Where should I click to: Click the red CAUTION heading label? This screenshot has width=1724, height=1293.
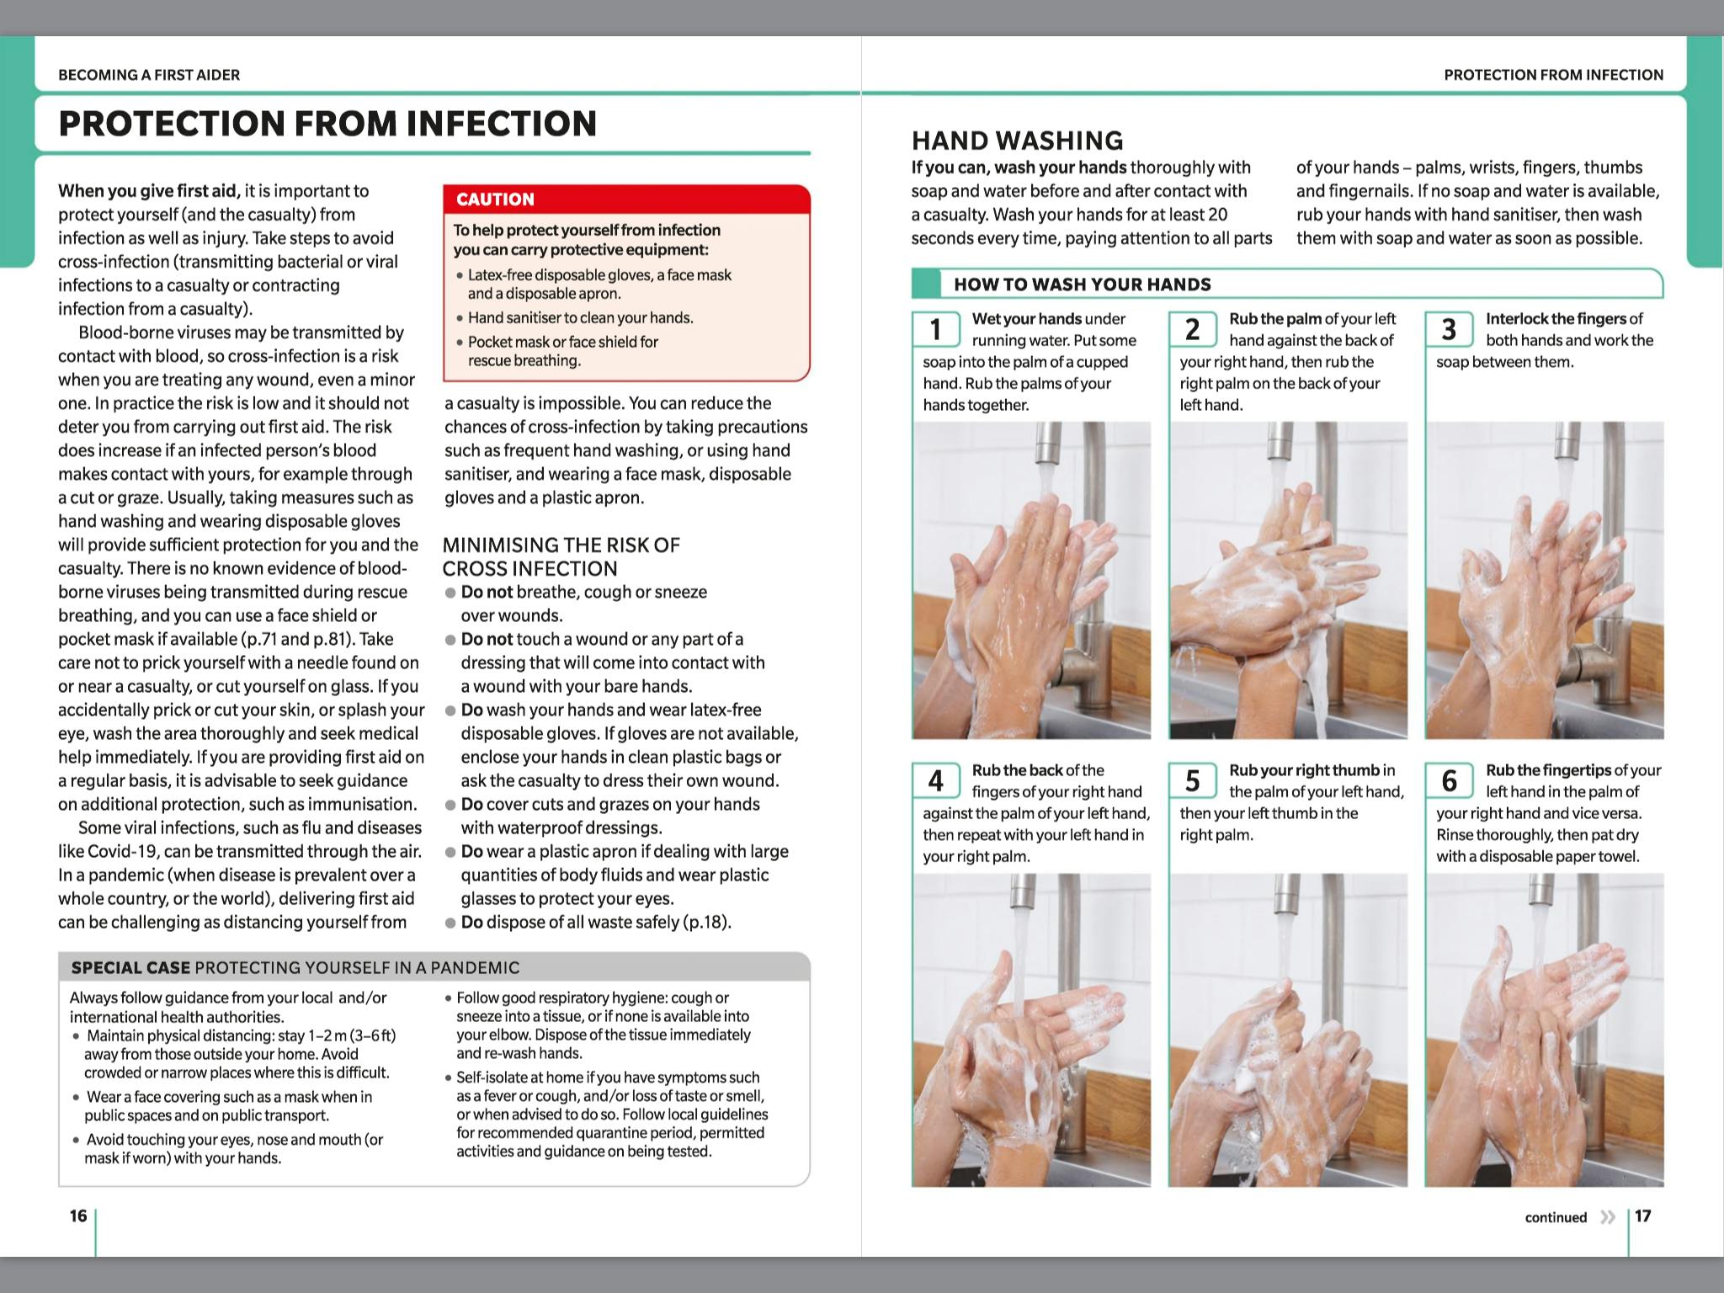[495, 200]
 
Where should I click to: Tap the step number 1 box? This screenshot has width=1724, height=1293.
[936, 329]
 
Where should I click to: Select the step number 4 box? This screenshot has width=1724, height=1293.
[936, 780]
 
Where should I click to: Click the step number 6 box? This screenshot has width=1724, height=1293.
[1449, 780]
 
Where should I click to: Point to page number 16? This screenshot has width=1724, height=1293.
[78, 1216]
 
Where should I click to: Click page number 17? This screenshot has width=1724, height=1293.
[1642, 1216]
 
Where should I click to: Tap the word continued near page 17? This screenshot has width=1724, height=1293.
[1556, 1217]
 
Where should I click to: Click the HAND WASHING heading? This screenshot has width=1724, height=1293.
[1017, 141]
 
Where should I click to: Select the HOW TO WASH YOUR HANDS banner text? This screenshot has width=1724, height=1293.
[1082, 285]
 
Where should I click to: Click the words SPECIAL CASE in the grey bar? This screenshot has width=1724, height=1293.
[130, 968]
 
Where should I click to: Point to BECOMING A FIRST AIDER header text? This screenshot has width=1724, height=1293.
[149, 75]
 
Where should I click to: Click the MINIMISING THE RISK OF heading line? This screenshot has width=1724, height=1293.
[561, 545]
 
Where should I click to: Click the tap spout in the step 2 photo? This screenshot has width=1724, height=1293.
[1280, 446]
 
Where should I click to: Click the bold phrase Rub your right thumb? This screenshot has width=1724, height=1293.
[1304, 770]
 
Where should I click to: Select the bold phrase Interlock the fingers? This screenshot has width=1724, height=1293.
[1555, 319]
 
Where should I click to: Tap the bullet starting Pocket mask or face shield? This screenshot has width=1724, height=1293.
[562, 342]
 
